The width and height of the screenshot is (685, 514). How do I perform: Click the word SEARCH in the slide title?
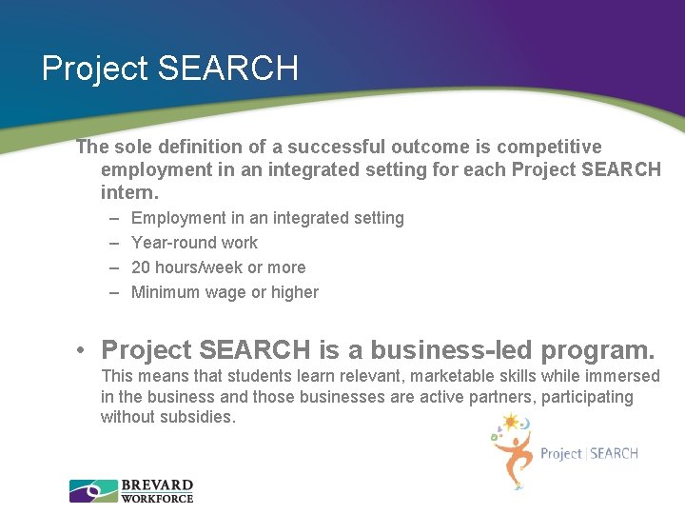227,69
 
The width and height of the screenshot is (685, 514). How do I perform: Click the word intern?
123,192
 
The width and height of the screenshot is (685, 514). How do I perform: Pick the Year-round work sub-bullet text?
194,243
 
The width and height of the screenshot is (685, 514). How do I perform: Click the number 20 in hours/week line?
141,267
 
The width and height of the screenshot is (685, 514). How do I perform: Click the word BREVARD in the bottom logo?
157,485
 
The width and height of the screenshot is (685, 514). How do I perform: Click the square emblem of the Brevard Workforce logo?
93,491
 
